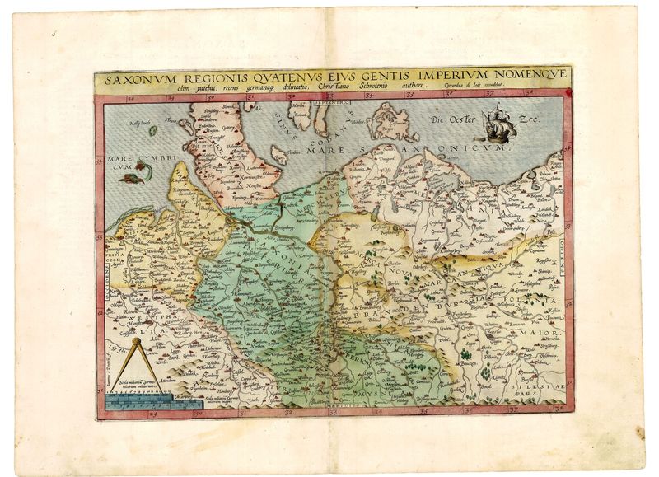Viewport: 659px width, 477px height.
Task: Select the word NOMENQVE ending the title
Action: point(531,77)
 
